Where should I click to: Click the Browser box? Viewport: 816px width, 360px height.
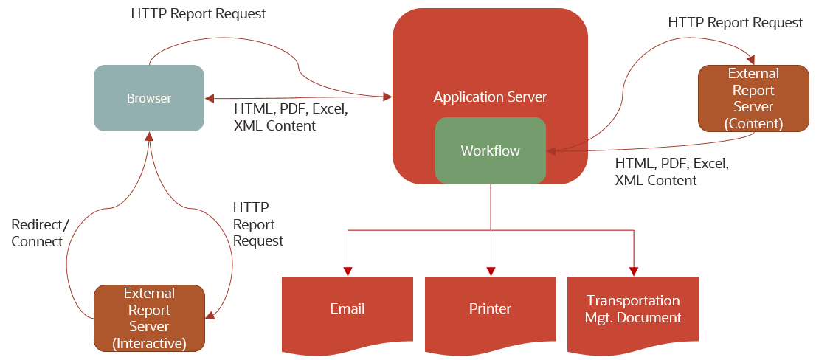pos(148,98)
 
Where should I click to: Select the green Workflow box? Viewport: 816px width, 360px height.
pos(490,150)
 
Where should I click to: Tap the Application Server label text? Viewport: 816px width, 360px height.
pos(490,97)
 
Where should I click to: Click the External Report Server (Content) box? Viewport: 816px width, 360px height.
pos(753,98)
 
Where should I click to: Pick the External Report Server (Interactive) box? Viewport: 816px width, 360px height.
pos(149,318)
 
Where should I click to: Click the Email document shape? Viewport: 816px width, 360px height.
pos(347,308)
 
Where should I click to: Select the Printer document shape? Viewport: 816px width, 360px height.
pos(490,308)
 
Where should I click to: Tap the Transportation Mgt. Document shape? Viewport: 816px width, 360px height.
pos(632,309)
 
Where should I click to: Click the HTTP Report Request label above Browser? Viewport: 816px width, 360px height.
pos(198,14)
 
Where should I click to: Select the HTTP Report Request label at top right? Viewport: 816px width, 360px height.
pos(735,23)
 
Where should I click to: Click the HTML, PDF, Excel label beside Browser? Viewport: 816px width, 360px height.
pos(290,117)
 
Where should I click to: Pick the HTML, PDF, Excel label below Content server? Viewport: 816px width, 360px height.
pos(671,171)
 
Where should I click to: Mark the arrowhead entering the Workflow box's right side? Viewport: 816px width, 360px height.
pos(550,150)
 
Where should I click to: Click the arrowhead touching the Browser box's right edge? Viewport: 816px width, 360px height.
pos(210,98)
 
